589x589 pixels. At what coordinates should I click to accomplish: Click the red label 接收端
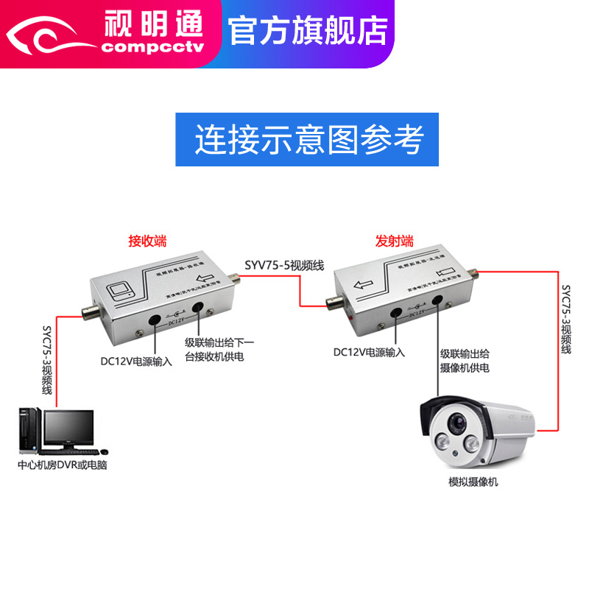pyautogui.click(x=147, y=241)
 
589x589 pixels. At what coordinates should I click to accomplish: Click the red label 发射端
pyautogui.click(x=395, y=241)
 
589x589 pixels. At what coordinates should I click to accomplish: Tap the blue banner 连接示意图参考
pyautogui.click(x=308, y=139)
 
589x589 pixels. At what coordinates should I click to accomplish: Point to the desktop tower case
pyautogui.click(x=29, y=431)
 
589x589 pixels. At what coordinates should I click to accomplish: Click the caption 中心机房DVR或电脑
pyautogui.click(x=63, y=465)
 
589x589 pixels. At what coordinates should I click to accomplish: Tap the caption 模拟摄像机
pyautogui.click(x=473, y=482)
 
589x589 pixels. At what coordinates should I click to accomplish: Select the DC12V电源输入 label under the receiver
pyautogui.click(x=136, y=361)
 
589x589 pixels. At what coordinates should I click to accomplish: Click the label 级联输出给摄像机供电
pyautogui.click(x=465, y=359)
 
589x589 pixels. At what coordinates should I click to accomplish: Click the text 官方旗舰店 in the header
pyautogui.click(x=308, y=30)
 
